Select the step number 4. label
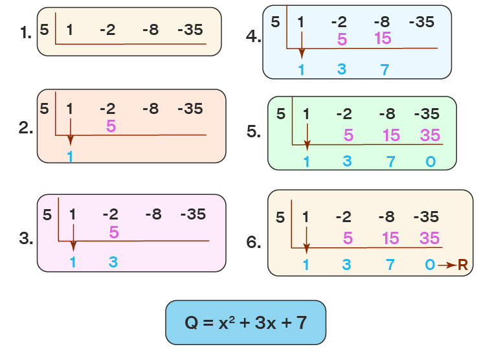(x=254, y=36)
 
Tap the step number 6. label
(x=254, y=242)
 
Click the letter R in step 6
(x=463, y=265)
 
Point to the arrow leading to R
(x=447, y=265)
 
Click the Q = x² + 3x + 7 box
(x=245, y=322)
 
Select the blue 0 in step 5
(x=430, y=162)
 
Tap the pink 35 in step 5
(x=430, y=135)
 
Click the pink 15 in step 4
(x=383, y=39)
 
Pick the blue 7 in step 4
(x=385, y=69)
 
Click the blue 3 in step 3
(x=113, y=262)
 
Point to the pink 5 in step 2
(x=111, y=126)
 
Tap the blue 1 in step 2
(x=70, y=156)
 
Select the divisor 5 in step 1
(x=44, y=30)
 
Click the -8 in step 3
(x=153, y=215)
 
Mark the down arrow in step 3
(x=73, y=238)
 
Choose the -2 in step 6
(x=344, y=217)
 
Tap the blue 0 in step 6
(x=430, y=265)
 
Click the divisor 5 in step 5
(x=280, y=115)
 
